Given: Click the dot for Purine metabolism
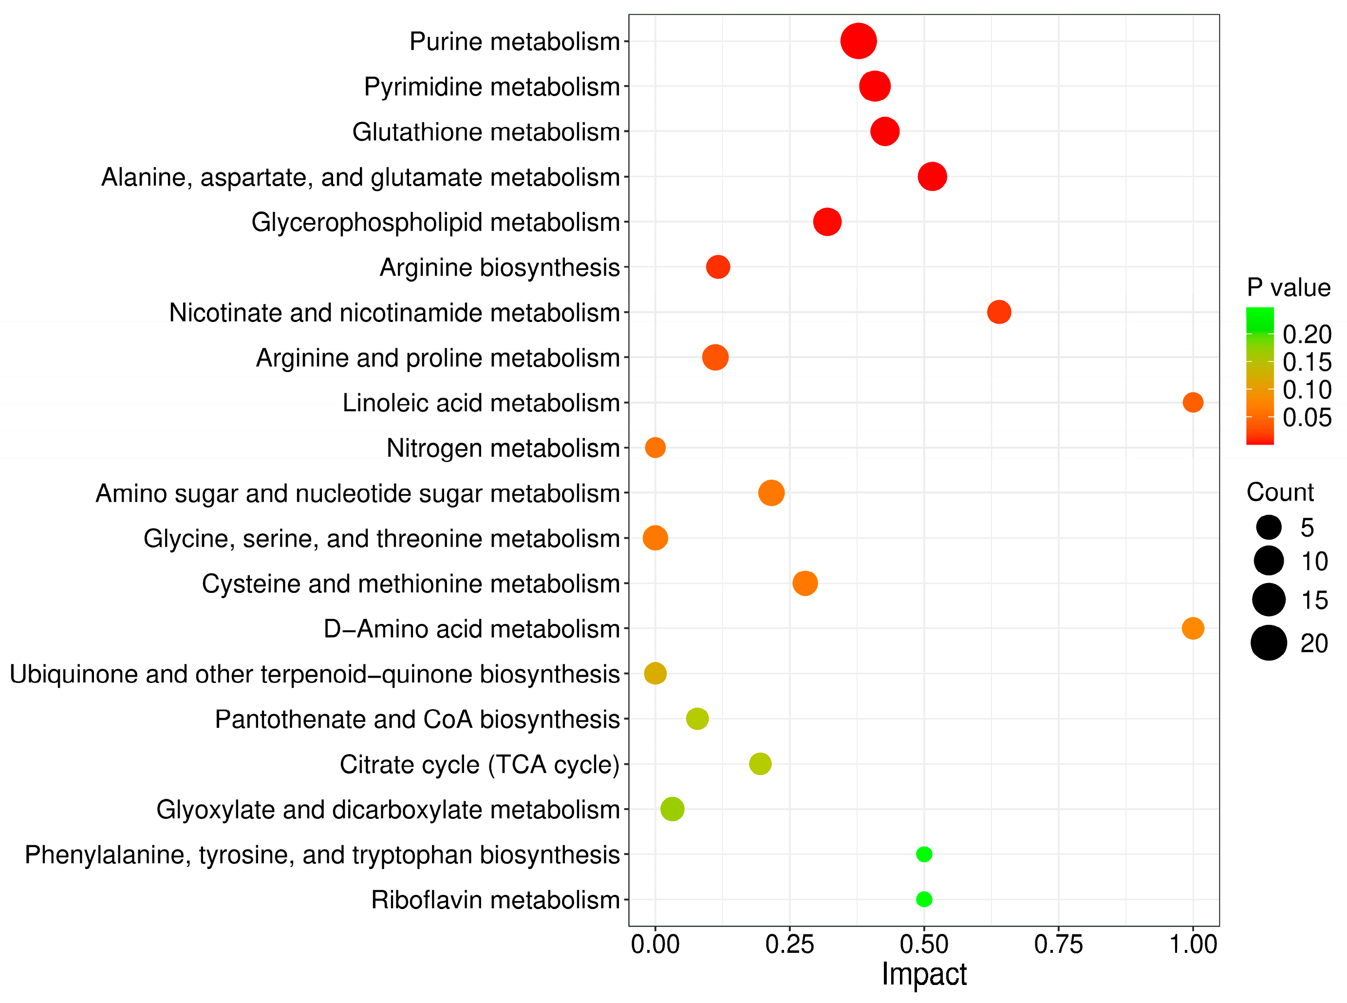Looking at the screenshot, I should tap(858, 41).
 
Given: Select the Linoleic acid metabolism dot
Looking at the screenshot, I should tap(1192, 402).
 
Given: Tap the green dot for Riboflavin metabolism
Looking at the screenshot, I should tap(923, 899).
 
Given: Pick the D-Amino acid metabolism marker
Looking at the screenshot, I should tap(1192, 628).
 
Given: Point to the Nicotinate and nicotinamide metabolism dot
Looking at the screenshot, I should tap(999, 312).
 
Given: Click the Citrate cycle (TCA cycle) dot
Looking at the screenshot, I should tap(760, 763).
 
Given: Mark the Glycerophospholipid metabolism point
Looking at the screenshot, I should tap(827, 222).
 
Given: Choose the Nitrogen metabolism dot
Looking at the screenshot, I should tap(655, 448).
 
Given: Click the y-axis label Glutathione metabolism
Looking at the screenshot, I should tap(486, 132).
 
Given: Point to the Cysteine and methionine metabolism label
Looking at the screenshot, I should tap(411, 584).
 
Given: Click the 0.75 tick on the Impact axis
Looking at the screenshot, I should tap(1058, 944).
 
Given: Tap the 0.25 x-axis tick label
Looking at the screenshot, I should tap(789, 944).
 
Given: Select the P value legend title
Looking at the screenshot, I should tap(1288, 287).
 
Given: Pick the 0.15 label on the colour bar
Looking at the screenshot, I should tap(1306, 362).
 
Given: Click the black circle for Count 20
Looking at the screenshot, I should tap(1268, 643).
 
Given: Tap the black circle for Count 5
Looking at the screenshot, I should tap(1268, 527).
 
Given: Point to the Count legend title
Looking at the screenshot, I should tap(1280, 492).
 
